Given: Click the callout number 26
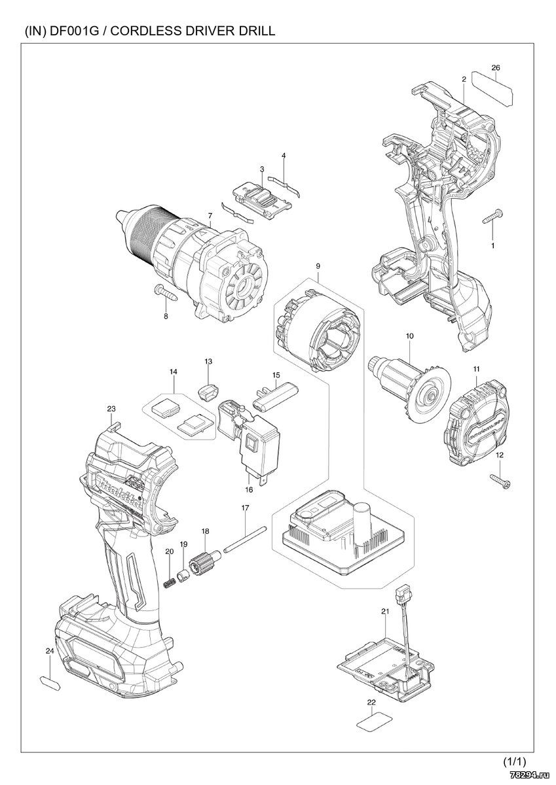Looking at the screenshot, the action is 495,67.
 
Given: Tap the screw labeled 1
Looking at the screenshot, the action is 492,217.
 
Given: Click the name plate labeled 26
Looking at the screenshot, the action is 492,88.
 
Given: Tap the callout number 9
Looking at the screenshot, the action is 318,266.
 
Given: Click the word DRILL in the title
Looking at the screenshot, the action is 258,31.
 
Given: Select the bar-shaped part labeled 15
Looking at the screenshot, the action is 275,396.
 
